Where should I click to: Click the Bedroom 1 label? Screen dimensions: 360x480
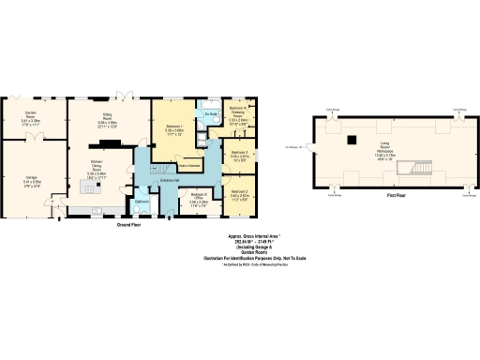coord(173,129)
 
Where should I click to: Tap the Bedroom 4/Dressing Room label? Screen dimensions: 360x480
coord(238,116)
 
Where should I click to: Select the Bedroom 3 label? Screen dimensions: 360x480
coord(240,155)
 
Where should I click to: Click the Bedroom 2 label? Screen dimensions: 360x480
coord(240,195)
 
